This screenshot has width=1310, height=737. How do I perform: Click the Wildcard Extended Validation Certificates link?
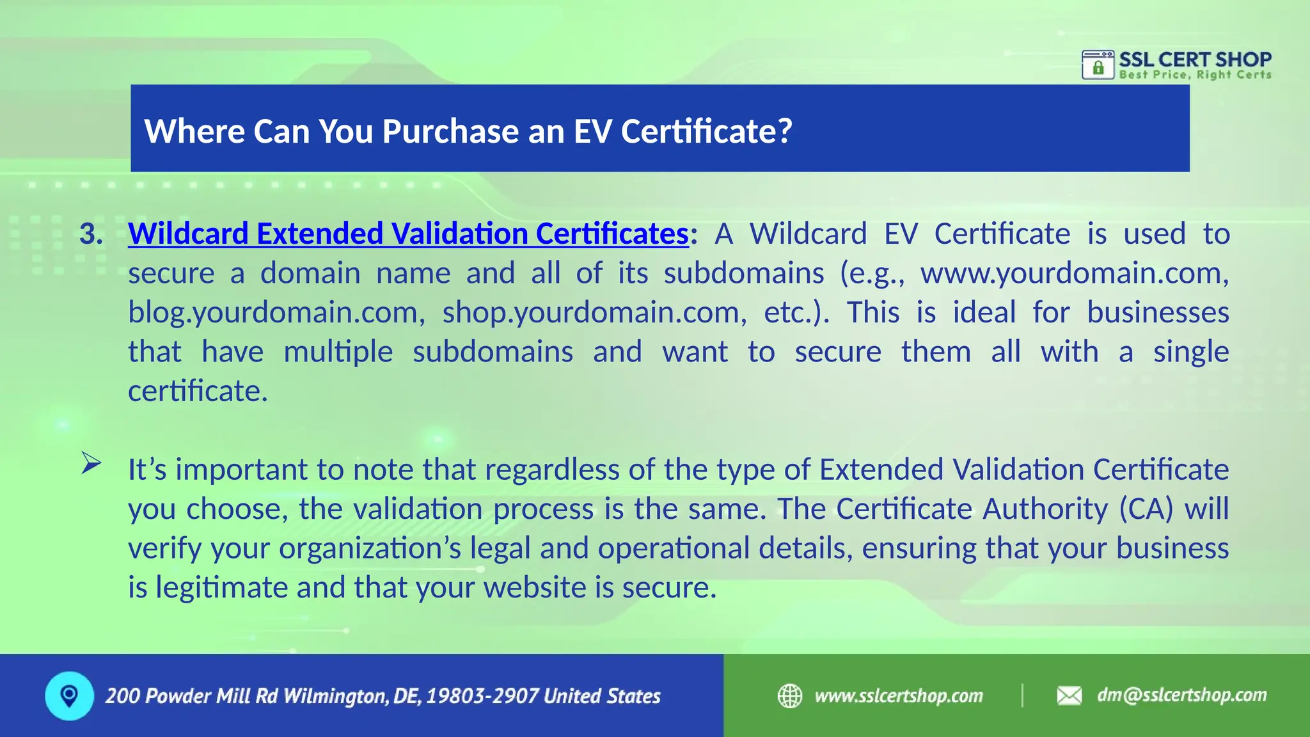pos(408,234)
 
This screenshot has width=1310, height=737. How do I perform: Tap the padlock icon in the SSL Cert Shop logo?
pos(1098,67)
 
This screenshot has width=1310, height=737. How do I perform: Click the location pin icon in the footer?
pos(69,695)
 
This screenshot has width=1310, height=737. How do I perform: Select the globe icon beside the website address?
pos(790,695)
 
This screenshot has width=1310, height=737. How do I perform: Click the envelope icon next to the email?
pos(1069,695)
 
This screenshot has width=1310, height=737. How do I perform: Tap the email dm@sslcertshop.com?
pos(1181,695)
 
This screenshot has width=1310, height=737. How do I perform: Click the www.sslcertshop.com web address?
pos(898,695)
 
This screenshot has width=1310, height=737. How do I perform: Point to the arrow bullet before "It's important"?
pos(91,463)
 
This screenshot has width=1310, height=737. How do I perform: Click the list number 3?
pos(91,234)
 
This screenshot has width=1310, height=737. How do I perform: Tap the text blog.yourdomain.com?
pos(273,313)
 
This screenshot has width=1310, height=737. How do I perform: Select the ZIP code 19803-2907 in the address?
pos(482,696)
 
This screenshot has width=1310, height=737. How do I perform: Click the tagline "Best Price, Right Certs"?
pos(1195,75)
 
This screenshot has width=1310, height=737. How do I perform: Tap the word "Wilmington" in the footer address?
pos(335,696)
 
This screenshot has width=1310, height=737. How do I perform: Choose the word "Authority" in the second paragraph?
pos(1045,509)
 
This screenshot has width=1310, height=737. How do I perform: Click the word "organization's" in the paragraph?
pos(370,548)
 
